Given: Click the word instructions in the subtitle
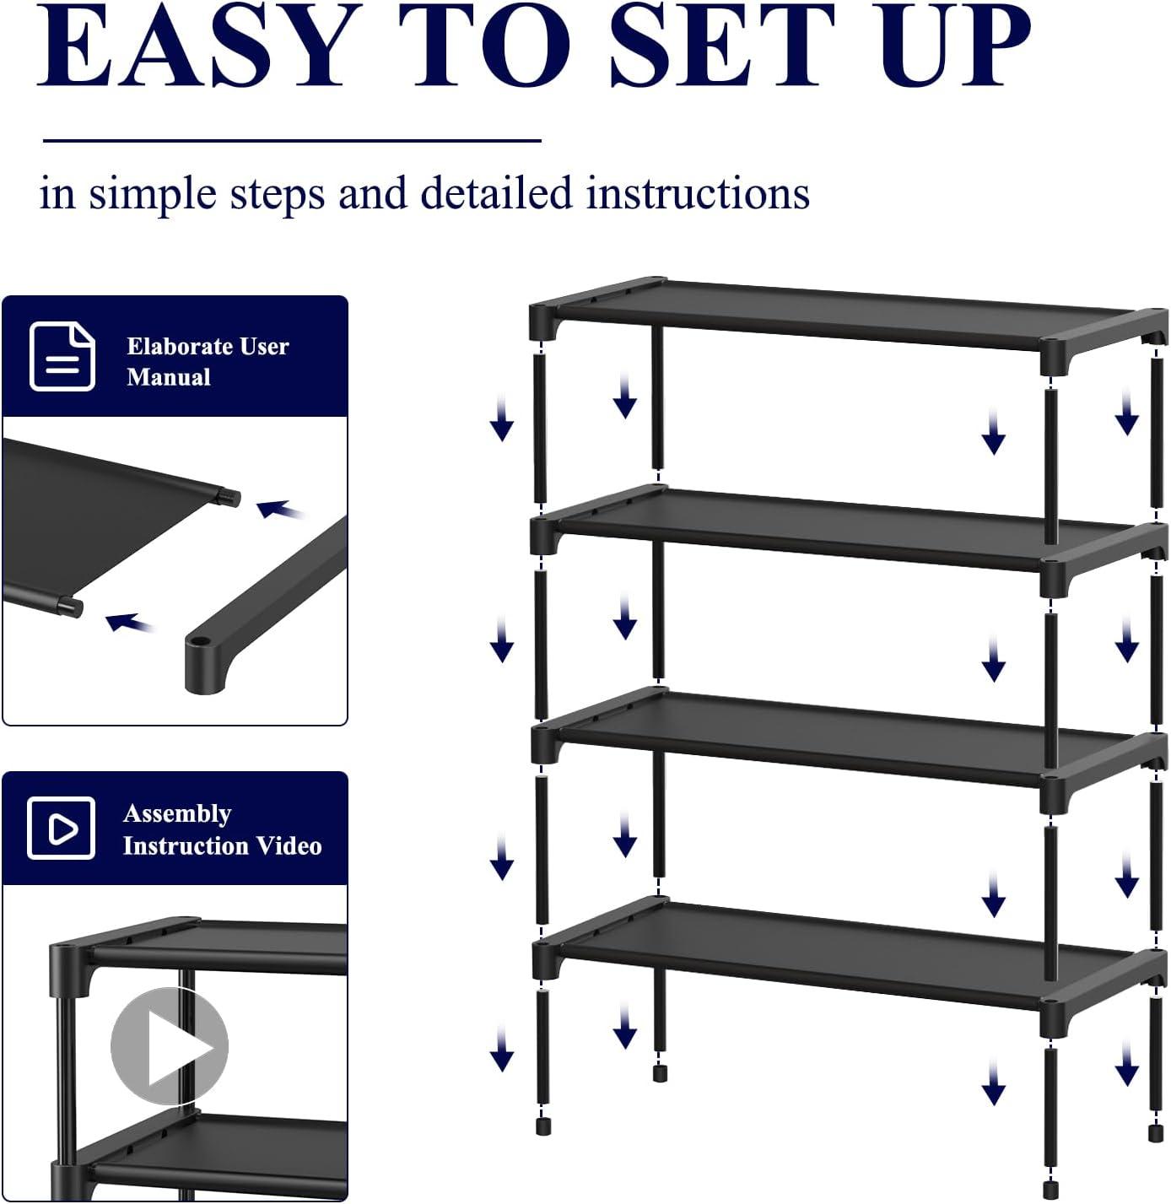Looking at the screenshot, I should (698, 193).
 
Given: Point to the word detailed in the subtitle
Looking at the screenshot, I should (496, 193).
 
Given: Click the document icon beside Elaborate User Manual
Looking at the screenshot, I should (62, 356).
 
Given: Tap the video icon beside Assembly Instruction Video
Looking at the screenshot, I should (62, 828).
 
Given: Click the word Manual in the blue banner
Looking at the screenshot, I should (169, 377).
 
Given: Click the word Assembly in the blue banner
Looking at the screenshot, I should (177, 813).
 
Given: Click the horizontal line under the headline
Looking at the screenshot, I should (291, 141).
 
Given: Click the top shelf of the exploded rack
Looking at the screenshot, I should (844, 312).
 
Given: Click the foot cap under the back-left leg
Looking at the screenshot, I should (660, 1072).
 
